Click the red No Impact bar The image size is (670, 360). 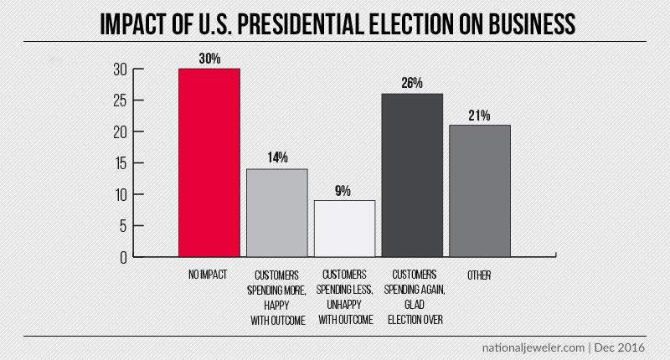click(209, 162)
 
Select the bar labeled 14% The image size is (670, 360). click(277, 213)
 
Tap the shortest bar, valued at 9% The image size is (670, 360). click(344, 229)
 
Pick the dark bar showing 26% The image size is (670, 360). click(412, 175)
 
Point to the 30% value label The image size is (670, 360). click(209, 58)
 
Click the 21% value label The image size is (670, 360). click(480, 115)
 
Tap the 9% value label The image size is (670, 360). click(344, 190)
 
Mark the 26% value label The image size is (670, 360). click(412, 83)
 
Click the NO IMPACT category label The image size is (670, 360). click(209, 275)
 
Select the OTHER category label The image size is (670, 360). click(480, 275)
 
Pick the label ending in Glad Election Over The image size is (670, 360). click(412, 297)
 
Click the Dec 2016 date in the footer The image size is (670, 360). click(621, 347)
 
